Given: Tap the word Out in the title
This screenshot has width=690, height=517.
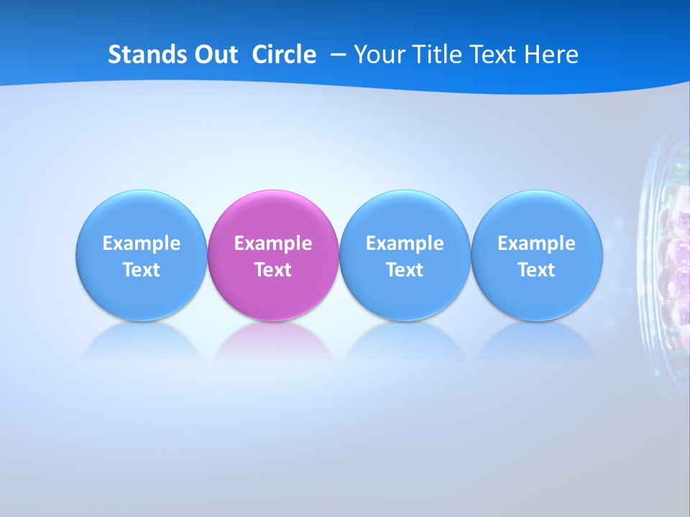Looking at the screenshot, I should pyautogui.click(x=214, y=55).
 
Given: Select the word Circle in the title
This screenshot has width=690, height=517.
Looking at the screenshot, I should pyautogui.click(x=284, y=55).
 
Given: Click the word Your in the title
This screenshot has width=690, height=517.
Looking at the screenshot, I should pyautogui.click(x=379, y=55).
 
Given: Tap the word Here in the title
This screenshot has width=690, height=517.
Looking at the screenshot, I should pyautogui.click(x=551, y=55).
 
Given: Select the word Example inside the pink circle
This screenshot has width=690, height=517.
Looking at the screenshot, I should pyautogui.click(x=273, y=244).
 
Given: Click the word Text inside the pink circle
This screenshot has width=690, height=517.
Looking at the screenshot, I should pyautogui.click(x=273, y=271).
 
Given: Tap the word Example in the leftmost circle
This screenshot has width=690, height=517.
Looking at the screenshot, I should pyautogui.click(x=142, y=244).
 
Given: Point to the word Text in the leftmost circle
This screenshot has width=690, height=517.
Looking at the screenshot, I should pyautogui.click(x=142, y=271).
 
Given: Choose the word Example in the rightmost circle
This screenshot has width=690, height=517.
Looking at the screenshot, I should pyautogui.click(x=536, y=244).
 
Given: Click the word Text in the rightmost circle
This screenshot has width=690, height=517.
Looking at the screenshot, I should pyautogui.click(x=536, y=271).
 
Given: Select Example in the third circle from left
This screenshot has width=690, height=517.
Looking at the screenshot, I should pyautogui.click(x=405, y=244).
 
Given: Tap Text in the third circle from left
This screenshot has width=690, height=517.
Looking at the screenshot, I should pyautogui.click(x=405, y=271).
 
